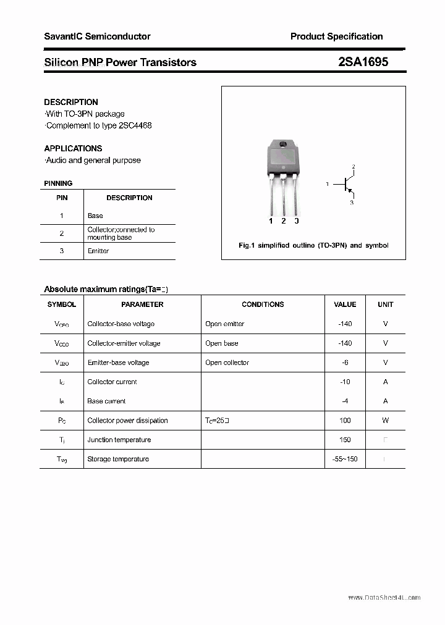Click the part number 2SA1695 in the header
(x=363, y=62)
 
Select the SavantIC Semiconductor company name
(x=97, y=36)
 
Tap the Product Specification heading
(x=336, y=36)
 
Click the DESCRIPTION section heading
(x=71, y=102)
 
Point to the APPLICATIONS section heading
(x=73, y=148)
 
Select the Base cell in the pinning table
(x=95, y=216)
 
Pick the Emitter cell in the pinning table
(x=98, y=251)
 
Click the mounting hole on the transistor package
(x=284, y=145)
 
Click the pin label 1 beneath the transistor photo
(x=271, y=221)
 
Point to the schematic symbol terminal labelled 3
(x=352, y=201)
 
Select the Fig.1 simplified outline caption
(x=313, y=245)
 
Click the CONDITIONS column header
(x=263, y=304)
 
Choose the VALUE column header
(x=345, y=304)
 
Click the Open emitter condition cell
(x=225, y=324)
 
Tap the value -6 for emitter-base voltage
(x=345, y=363)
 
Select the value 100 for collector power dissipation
(x=345, y=421)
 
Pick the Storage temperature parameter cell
(x=118, y=459)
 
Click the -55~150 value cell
(x=345, y=459)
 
